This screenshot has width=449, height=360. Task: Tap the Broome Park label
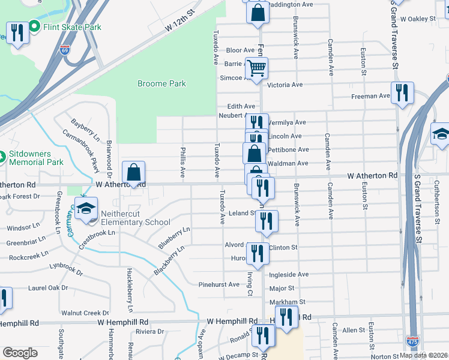point(161,84)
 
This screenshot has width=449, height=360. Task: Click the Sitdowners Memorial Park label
point(35,158)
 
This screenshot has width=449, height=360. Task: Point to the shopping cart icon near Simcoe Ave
point(257,68)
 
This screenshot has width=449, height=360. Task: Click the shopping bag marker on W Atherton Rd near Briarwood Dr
point(133,173)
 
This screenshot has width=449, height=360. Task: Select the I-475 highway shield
point(412,341)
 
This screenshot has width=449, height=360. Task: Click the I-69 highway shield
point(65,51)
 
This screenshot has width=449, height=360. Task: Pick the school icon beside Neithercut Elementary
point(86,208)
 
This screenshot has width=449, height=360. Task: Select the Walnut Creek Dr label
point(85,313)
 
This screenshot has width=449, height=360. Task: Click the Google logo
point(20,353)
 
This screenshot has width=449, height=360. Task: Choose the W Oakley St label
point(418,19)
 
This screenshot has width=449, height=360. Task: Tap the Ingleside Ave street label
point(289,275)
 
